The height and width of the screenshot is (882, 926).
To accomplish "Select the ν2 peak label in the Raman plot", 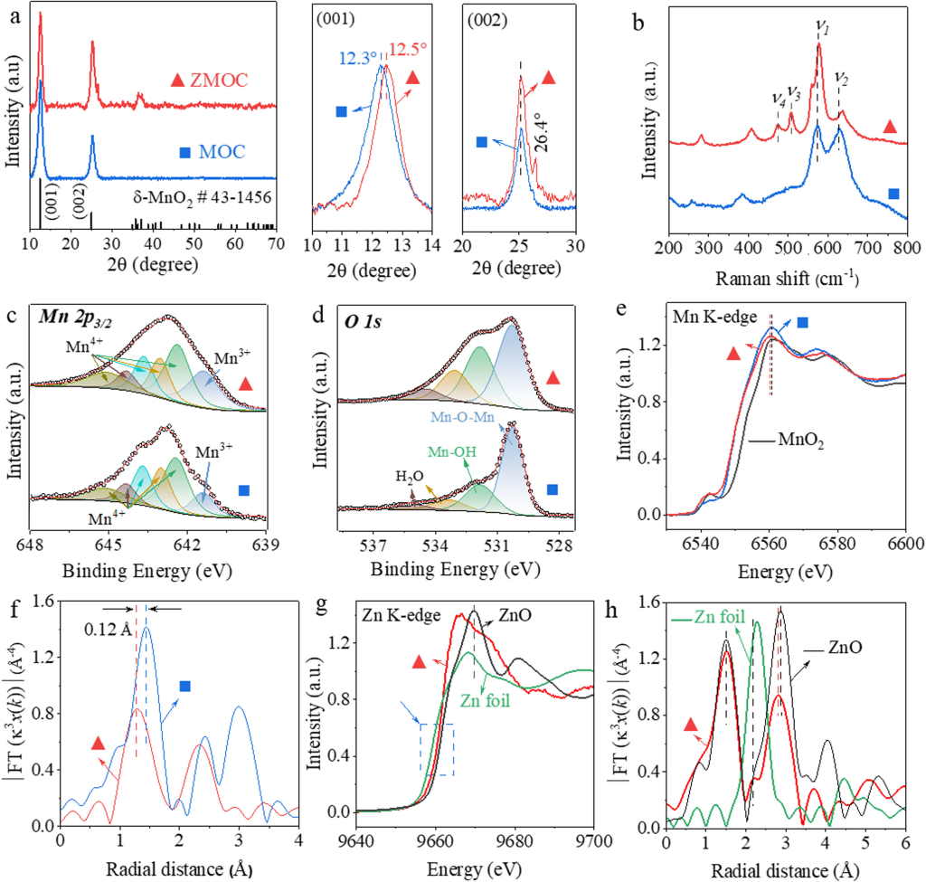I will (x=841, y=78).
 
